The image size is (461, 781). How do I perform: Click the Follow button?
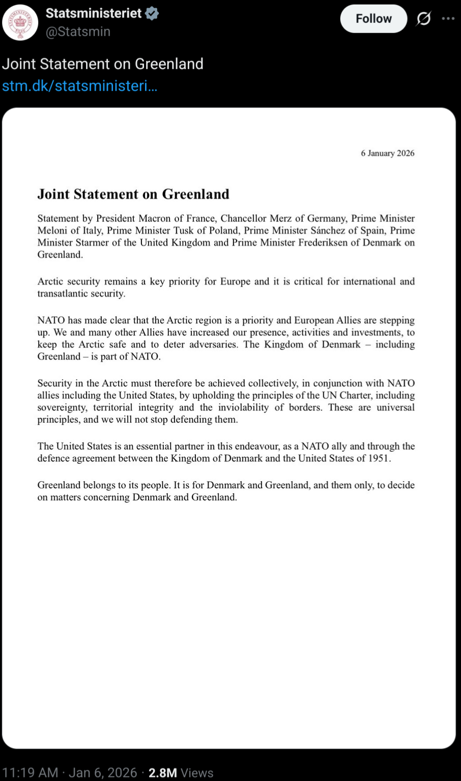click(373, 19)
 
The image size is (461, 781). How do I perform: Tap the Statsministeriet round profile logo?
click(20, 22)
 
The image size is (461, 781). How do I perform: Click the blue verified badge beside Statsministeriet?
click(152, 14)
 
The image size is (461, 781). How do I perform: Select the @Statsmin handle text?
click(78, 32)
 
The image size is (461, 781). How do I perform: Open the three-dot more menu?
click(448, 19)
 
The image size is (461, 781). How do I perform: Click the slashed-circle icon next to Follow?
click(423, 19)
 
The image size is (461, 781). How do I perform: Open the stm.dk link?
click(79, 86)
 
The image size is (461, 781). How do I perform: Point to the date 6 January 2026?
click(388, 153)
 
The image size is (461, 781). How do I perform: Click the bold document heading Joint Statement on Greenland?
click(133, 194)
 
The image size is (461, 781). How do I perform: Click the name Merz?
click(280, 218)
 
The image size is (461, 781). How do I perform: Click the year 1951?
click(378, 458)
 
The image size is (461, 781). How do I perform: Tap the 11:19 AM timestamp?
click(30, 773)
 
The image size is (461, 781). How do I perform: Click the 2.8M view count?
click(162, 773)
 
